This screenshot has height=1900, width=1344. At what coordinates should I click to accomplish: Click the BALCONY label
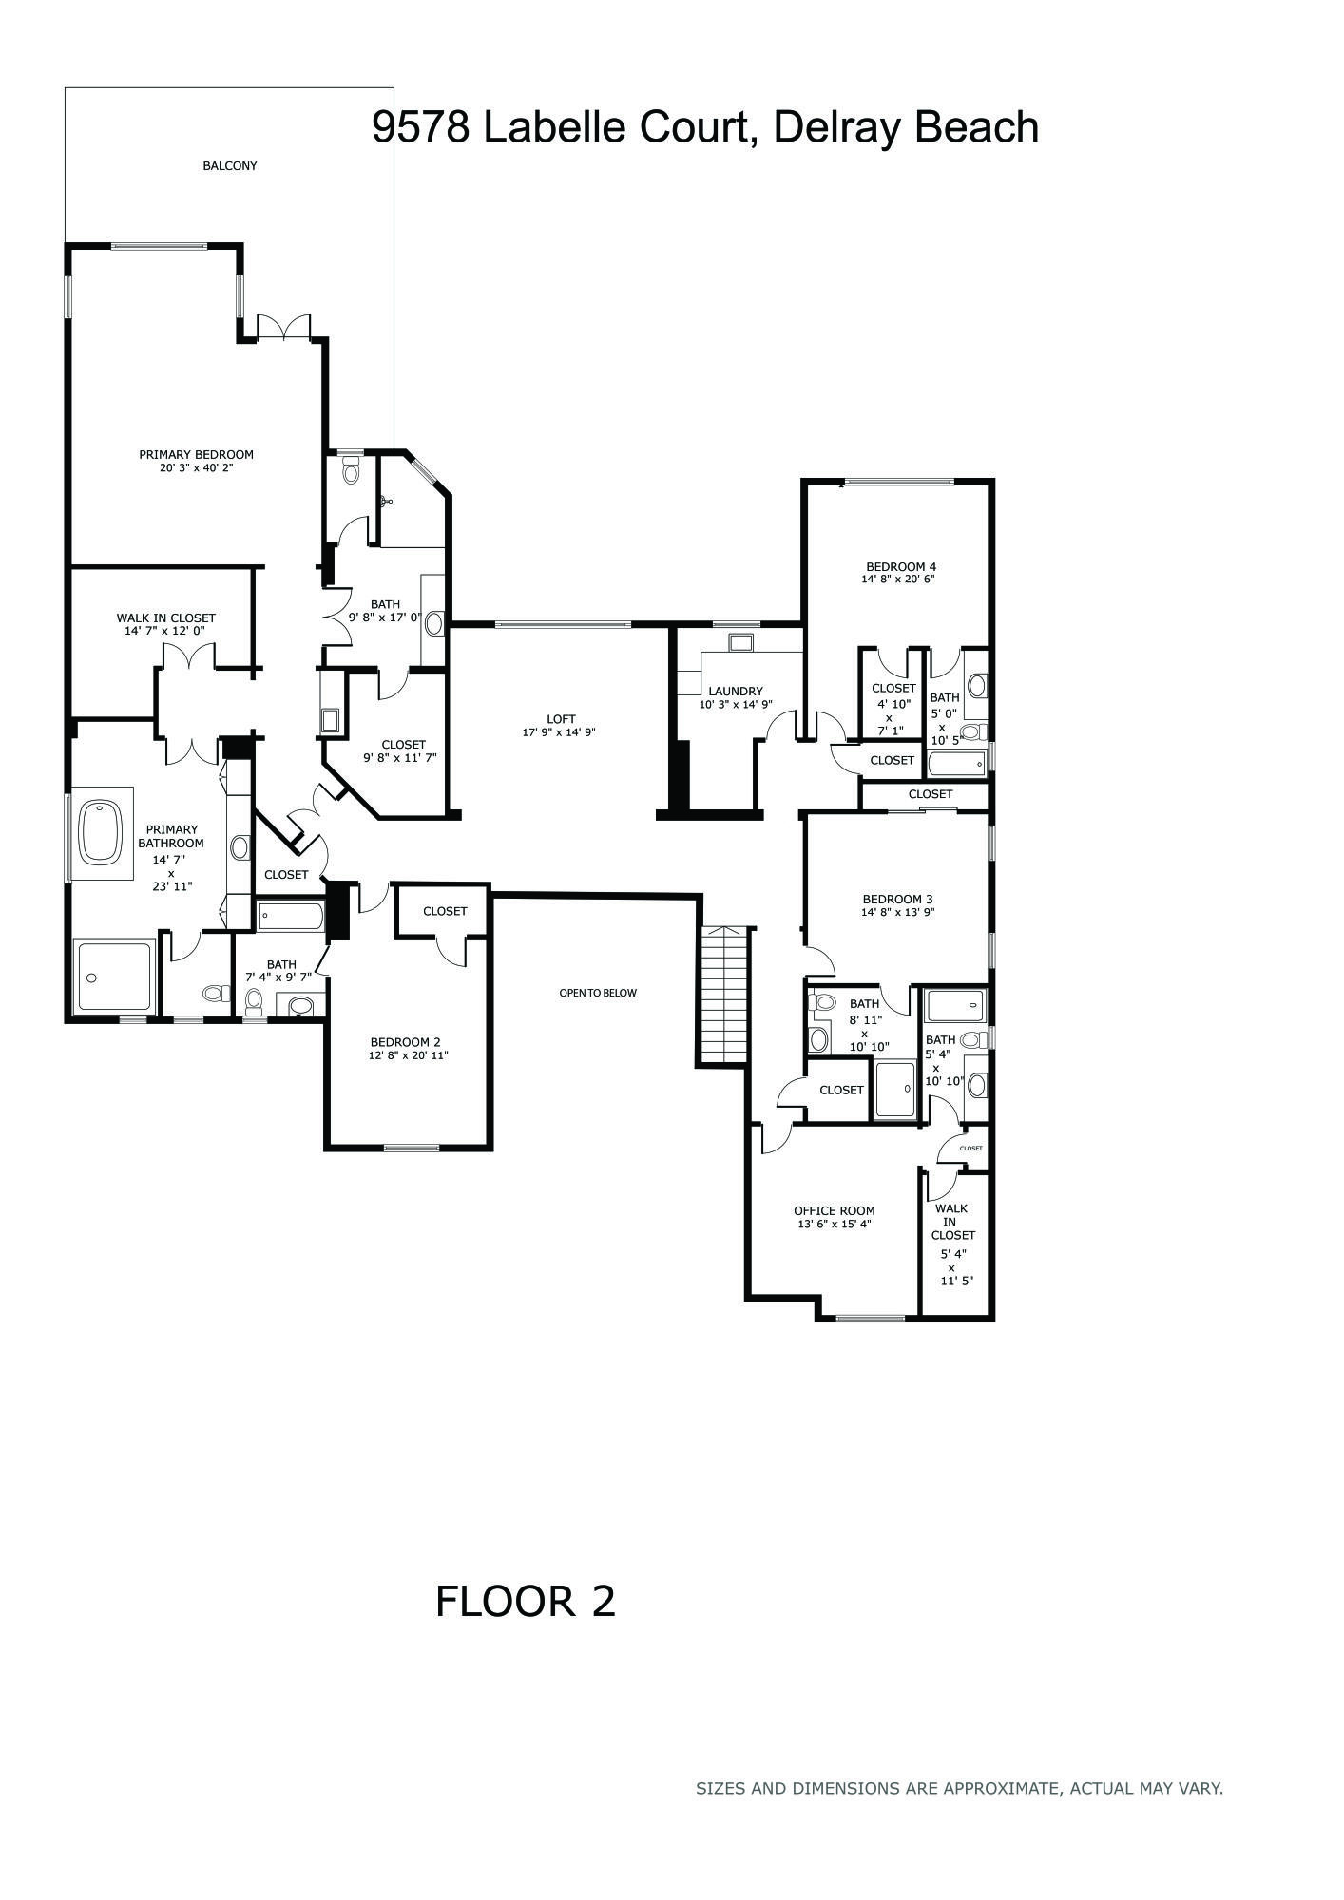[x=229, y=166]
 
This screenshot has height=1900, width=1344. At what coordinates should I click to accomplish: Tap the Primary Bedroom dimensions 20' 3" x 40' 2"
[x=196, y=467]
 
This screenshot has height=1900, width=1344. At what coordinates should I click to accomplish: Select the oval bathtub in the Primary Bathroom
[x=102, y=832]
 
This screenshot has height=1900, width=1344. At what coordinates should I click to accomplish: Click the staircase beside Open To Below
[x=725, y=995]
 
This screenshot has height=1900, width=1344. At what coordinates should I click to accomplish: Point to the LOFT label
[x=561, y=719]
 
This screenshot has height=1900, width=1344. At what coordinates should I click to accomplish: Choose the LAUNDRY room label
[x=735, y=692]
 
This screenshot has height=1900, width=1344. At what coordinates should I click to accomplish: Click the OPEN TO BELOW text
[x=598, y=993]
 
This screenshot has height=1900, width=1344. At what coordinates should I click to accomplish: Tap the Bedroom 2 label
[x=406, y=1042]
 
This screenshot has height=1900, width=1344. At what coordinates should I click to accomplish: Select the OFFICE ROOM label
[x=835, y=1211]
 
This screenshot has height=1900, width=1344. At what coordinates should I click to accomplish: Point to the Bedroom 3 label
[x=897, y=899]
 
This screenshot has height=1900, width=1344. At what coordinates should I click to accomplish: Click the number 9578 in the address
[x=421, y=127]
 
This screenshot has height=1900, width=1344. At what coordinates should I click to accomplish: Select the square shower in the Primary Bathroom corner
[x=114, y=977]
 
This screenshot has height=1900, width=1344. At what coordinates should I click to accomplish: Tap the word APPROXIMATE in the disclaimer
[x=999, y=1788]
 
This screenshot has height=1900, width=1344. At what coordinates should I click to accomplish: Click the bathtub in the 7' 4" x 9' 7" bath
[x=291, y=916]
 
